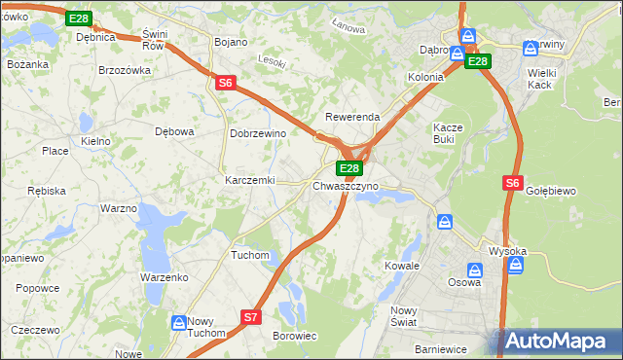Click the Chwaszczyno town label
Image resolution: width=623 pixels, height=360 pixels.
click(x=346, y=186)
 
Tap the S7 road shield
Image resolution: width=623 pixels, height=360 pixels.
click(x=251, y=317)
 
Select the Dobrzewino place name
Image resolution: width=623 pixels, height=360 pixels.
click(x=257, y=133)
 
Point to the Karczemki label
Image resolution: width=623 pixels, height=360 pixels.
click(x=250, y=181)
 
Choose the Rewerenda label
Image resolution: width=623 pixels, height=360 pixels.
click(x=351, y=117)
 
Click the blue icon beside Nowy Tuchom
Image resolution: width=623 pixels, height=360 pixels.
click(x=179, y=322)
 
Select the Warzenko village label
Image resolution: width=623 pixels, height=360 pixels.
click(x=164, y=277)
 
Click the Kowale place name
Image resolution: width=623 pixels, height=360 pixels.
click(x=401, y=266)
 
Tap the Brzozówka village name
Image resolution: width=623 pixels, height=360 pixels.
click(x=125, y=70)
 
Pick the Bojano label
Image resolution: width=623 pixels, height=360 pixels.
click(x=231, y=43)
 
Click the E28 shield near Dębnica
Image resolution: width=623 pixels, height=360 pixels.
click(x=79, y=18)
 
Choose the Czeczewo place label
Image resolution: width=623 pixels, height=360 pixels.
click(x=37, y=331)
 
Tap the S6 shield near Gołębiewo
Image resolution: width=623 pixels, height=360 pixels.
click(x=514, y=182)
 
